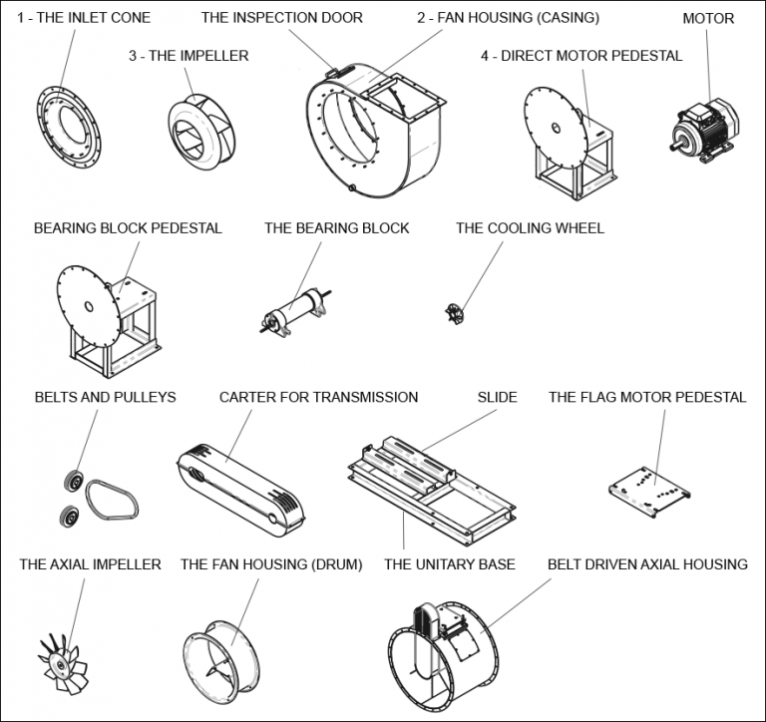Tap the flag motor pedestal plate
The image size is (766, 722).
[x=649, y=490]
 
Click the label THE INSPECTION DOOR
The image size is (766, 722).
[x=281, y=18]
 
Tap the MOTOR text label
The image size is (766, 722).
[x=708, y=18]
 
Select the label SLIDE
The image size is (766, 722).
[x=498, y=397]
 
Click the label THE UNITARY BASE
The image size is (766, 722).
[x=449, y=564]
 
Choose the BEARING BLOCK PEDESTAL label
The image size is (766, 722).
[x=128, y=228]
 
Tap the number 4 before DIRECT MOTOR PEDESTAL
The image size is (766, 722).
[x=485, y=56]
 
